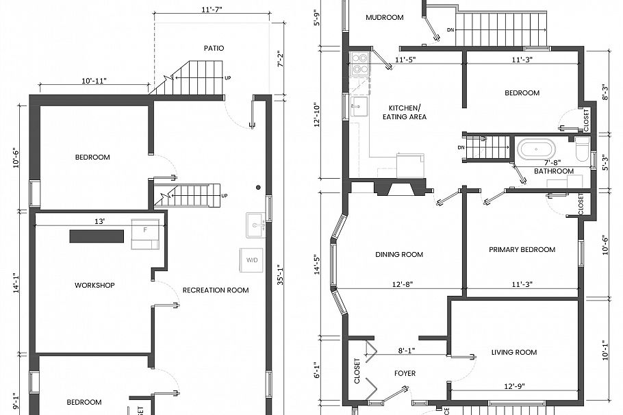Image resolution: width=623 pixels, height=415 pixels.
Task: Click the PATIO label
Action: click(x=214, y=48)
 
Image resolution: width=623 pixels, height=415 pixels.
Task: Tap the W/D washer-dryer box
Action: click(x=252, y=260)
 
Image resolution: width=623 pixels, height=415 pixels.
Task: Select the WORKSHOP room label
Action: click(x=94, y=285)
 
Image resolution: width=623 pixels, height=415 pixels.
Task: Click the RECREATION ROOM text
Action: click(x=215, y=290)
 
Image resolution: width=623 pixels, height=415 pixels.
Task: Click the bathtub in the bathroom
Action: click(x=536, y=149)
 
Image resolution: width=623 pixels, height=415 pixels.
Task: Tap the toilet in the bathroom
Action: click(x=581, y=149)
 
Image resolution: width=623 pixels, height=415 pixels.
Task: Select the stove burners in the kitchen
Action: click(x=359, y=63)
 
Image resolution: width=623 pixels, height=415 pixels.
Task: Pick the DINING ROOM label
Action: click(x=399, y=255)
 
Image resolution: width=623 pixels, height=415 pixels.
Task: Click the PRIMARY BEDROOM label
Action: click(x=522, y=250)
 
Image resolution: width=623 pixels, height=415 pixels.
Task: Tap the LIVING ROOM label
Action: click(x=513, y=353)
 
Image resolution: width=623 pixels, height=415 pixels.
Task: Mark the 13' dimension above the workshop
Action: click(x=99, y=221)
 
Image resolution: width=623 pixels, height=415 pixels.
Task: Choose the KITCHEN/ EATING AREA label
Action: click(x=407, y=112)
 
